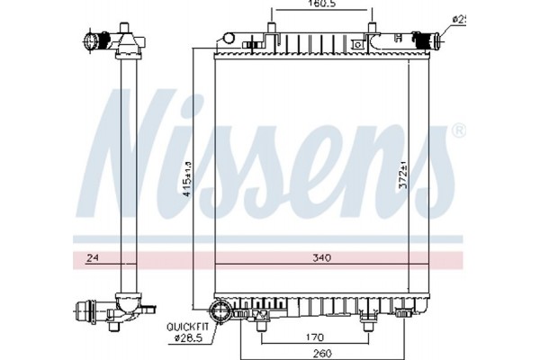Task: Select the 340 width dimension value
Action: click(322, 258)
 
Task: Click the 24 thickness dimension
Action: click(92, 258)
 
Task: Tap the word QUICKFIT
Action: click(184, 328)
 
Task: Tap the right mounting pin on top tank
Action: click(371, 24)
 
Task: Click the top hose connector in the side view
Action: click(94, 41)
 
